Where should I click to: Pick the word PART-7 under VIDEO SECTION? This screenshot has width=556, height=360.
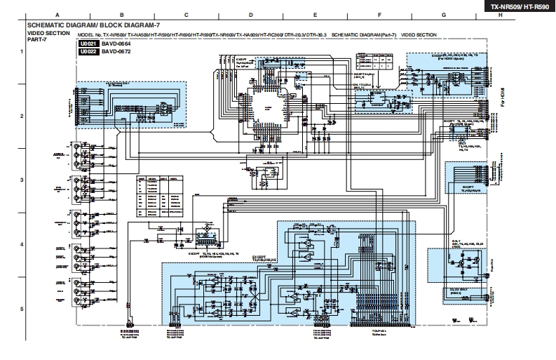point(36,39)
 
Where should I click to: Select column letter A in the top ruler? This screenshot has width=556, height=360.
point(57,15)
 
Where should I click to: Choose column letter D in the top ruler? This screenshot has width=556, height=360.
point(250,15)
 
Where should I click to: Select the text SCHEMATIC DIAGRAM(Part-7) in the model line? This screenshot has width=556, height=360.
point(363,34)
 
